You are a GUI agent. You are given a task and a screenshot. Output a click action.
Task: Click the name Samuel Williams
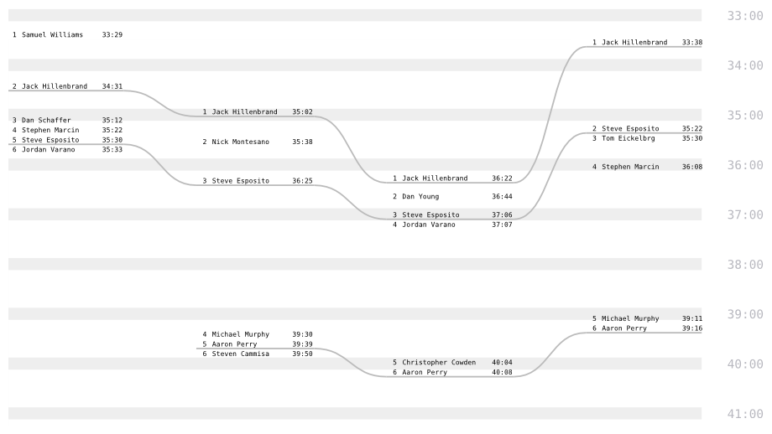click(x=52, y=34)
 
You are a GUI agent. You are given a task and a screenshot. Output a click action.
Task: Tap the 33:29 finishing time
click(x=112, y=34)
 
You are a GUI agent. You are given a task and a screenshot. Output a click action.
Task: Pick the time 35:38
click(x=302, y=142)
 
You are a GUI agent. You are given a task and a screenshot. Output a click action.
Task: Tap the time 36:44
click(x=502, y=196)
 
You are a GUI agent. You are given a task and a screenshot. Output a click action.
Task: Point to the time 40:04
click(x=502, y=362)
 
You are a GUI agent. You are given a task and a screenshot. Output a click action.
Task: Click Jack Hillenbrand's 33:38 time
click(x=692, y=42)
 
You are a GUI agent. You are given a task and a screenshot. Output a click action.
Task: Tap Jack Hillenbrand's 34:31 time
click(x=112, y=85)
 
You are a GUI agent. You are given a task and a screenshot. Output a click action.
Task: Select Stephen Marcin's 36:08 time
click(x=692, y=167)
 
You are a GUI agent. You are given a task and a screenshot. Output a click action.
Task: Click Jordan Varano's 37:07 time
click(x=502, y=225)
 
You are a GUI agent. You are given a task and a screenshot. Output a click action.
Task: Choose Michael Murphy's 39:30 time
click(x=302, y=333)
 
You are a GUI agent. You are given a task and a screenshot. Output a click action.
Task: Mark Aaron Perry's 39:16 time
click(x=692, y=328)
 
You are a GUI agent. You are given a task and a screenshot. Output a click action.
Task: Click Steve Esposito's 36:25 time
click(x=302, y=180)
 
